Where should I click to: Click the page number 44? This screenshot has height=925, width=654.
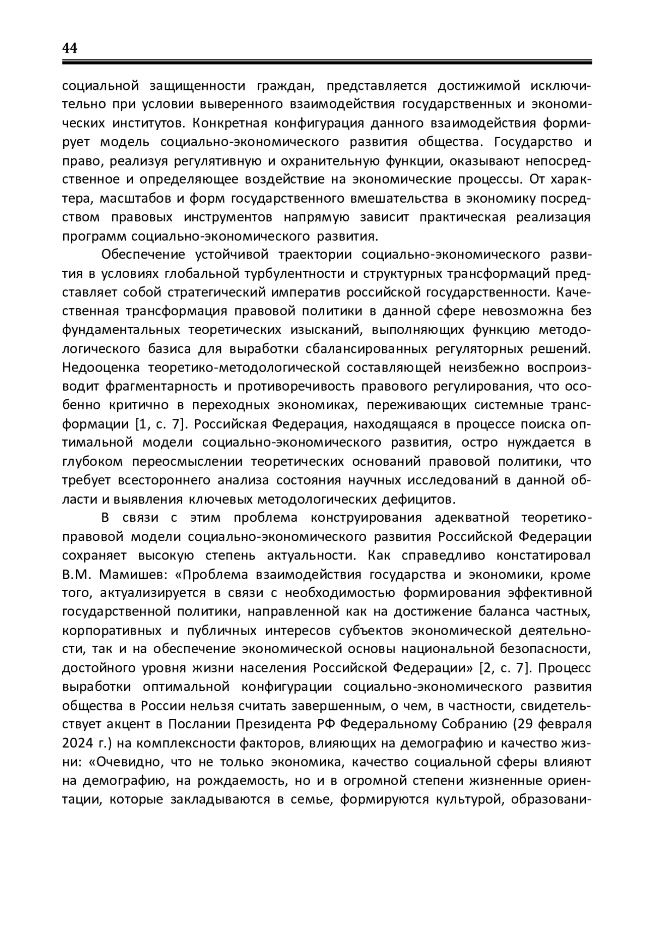pos(70,48)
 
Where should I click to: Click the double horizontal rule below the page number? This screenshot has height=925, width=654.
pos(327,63)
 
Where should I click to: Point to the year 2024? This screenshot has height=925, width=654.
pos(76,743)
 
